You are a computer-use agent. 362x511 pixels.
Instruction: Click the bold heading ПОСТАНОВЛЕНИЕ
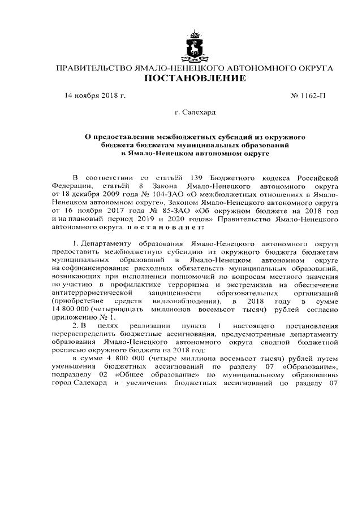[195, 78]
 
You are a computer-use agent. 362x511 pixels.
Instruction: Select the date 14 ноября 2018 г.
[95, 95]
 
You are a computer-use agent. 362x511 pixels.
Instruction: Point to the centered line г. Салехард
[195, 113]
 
